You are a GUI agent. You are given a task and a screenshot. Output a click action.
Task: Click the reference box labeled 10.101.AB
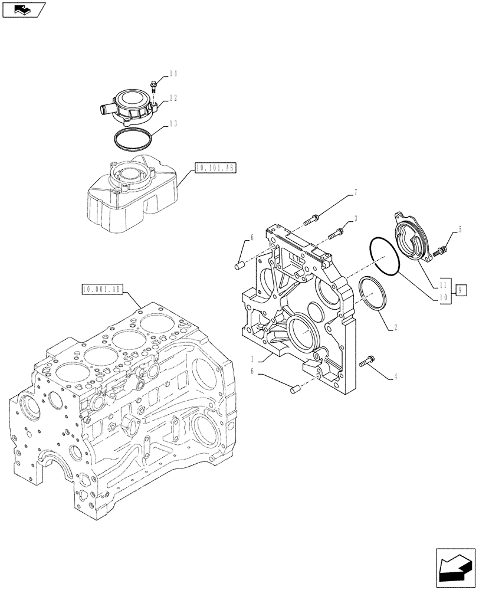(x=214, y=168)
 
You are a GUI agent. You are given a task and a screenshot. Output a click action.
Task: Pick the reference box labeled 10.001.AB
(x=102, y=289)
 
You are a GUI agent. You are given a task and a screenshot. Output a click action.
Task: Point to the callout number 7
(x=356, y=192)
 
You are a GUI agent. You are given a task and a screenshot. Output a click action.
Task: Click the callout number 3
(x=356, y=219)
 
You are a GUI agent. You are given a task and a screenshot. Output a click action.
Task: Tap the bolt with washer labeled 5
(x=439, y=252)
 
